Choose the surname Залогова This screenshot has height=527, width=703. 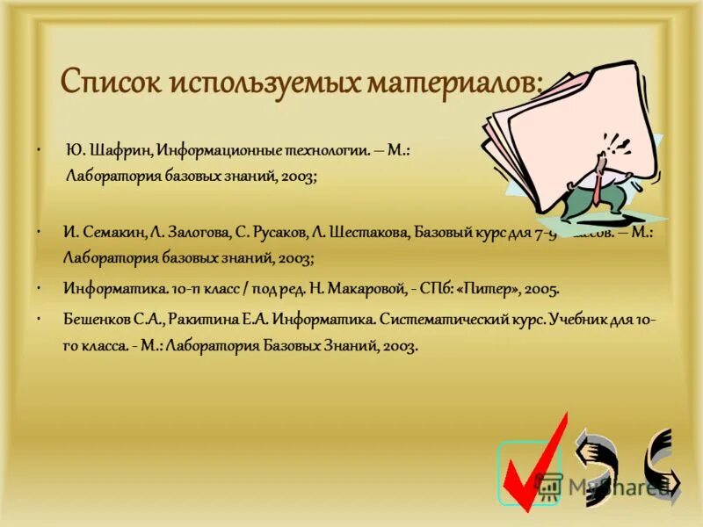(193, 234)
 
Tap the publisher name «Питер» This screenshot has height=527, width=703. (490, 288)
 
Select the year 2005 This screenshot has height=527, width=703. (541, 288)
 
